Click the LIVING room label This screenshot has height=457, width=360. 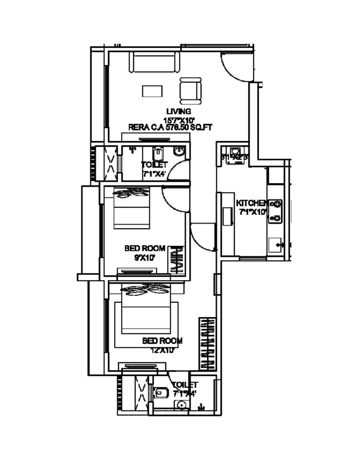coord(179,111)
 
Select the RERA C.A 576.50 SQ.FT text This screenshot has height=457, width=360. coord(170,127)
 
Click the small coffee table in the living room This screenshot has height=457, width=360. coord(152,91)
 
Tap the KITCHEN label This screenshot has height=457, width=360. coord(252,203)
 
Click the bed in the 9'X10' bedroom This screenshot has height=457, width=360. coord(131,211)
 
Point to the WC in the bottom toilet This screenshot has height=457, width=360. coord(161,393)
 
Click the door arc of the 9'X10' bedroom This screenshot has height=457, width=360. coord(172,198)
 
